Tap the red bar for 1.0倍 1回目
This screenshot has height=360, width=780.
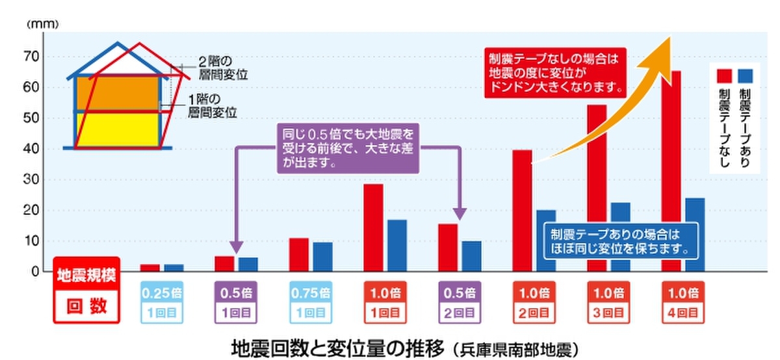(x=373, y=227)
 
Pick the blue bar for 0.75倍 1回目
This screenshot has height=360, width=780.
(x=322, y=257)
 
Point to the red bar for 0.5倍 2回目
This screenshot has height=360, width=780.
(x=448, y=248)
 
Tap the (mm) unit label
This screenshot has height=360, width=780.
(x=43, y=24)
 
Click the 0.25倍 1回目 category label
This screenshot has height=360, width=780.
(x=162, y=302)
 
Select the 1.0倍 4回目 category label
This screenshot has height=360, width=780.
(x=682, y=302)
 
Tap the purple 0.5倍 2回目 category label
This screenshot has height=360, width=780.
(x=459, y=302)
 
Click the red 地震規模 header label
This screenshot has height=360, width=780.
(x=86, y=274)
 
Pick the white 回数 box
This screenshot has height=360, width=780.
(x=86, y=306)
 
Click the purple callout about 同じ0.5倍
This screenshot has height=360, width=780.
(x=348, y=148)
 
